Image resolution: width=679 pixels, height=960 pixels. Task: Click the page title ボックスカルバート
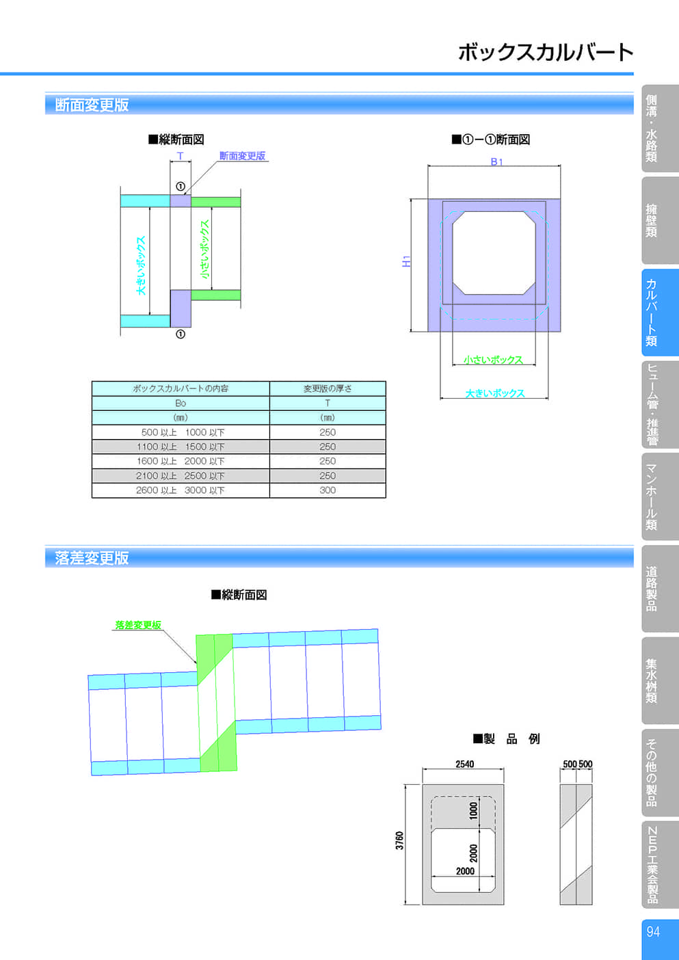(x=546, y=52)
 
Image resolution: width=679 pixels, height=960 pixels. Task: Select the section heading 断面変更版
(x=92, y=105)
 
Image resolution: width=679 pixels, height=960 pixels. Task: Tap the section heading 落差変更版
(x=92, y=557)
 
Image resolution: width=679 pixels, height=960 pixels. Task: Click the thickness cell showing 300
(x=328, y=490)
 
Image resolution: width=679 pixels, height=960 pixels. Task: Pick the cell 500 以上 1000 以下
(x=183, y=432)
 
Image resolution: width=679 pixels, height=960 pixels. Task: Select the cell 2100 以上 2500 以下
(x=180, y=476)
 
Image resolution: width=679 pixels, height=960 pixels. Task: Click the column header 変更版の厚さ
(x=328, y=388)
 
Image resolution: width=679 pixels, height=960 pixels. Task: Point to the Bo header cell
(x=181, y=403)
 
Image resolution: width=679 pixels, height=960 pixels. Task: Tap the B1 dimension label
(x=496, y=161)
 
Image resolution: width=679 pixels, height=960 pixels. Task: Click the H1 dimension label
(x=406, y=261)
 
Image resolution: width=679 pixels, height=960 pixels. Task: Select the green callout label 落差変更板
(x=138, y=625)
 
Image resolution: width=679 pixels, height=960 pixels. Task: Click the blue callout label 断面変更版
(x=242, y=156)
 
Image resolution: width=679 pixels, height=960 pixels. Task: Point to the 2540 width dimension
(x=465, y=764)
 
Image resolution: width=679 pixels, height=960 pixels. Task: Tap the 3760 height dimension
(x=399, y=840)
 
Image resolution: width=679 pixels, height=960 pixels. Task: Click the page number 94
(x=653, y=932)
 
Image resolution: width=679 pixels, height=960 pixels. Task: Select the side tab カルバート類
(x=651, y=312)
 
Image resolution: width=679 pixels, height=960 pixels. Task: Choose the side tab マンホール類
(x=651, y=496)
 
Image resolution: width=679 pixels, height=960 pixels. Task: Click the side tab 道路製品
(x=651, y=589)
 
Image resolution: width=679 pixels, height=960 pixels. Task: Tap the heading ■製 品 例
(x=506, y=739)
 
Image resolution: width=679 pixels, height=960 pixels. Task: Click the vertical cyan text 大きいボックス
(x=141, y=265)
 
